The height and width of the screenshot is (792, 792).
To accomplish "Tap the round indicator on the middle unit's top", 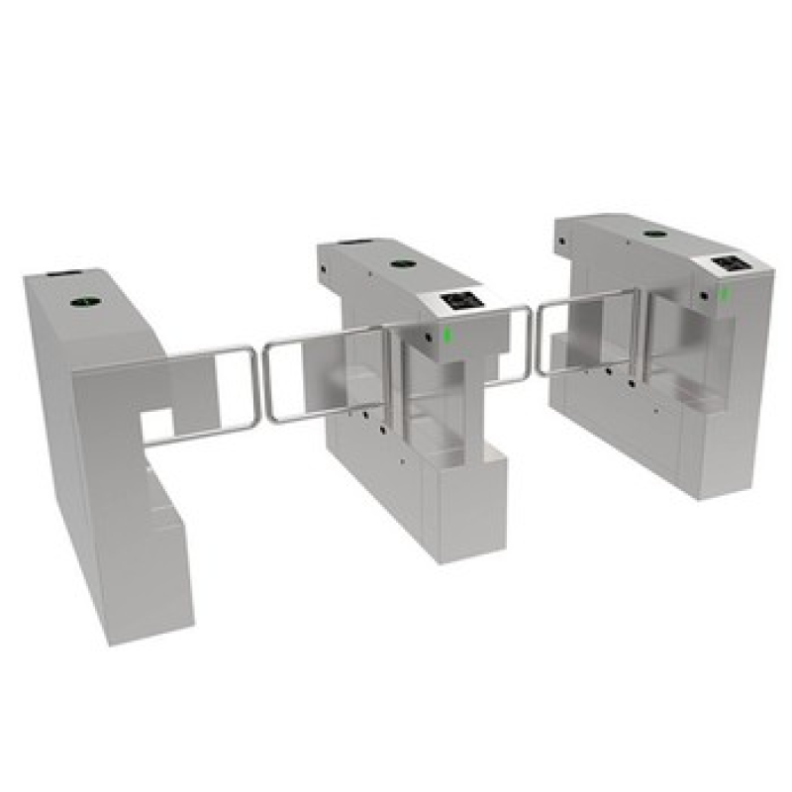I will [401, 264].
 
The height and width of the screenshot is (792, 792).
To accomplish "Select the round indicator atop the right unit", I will [653, 236].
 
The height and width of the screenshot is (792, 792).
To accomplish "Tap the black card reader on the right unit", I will [731, 264].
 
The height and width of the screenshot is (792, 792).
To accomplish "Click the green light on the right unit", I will [724, 294].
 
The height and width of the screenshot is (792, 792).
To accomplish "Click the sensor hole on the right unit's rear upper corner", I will [561, 241].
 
